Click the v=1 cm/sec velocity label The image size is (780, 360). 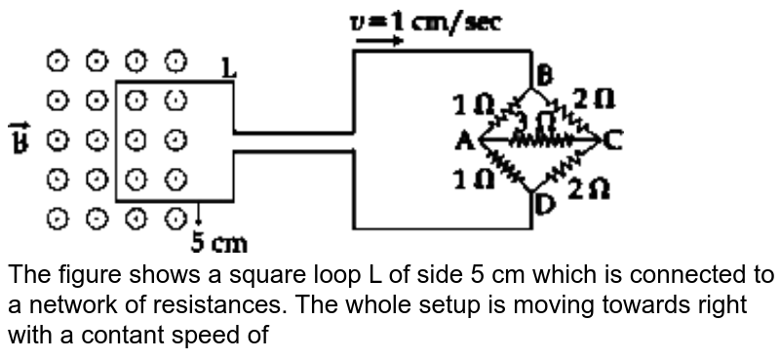(x=427, y=20)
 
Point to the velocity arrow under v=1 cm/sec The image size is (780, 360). (x=381, y=41)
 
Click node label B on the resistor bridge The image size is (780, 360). (x=544, y=74)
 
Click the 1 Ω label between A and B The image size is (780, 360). (x=473, y=104)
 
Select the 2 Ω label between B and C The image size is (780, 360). (x=594, y=100)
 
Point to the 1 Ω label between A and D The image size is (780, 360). (x=473, y=180)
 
